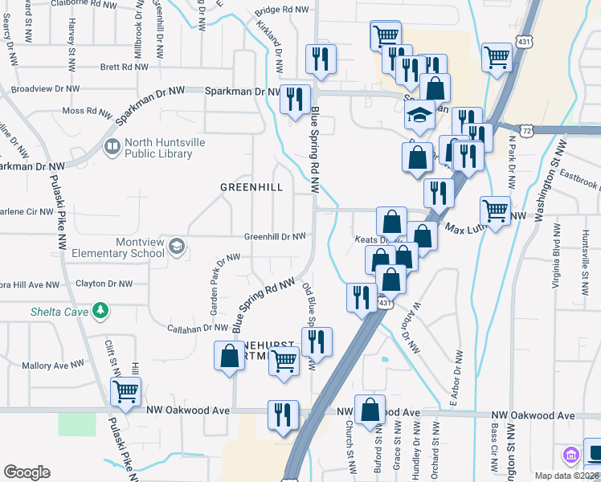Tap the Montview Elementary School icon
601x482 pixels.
tap(175, 247)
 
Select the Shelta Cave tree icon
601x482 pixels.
tap(100, 309)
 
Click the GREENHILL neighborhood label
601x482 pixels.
tap(252, 187)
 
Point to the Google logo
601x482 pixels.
tap(27, 472)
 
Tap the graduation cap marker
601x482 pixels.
tap(419, 116)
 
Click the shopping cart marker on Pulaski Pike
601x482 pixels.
tap(125, 391)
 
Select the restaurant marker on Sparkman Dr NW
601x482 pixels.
tap(295, 98)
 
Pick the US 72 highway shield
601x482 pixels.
tap(526, 129)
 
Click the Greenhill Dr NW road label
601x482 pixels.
tap(275, 237)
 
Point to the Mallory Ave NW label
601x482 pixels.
tap(53, 365)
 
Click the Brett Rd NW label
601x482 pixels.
tap(121, 68)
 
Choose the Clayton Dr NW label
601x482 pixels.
tap(103, 284)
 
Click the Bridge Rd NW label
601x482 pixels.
tap(281, 10)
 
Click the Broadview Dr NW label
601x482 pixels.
tap(47, 88)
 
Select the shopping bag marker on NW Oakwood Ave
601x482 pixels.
tap(370, 410)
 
